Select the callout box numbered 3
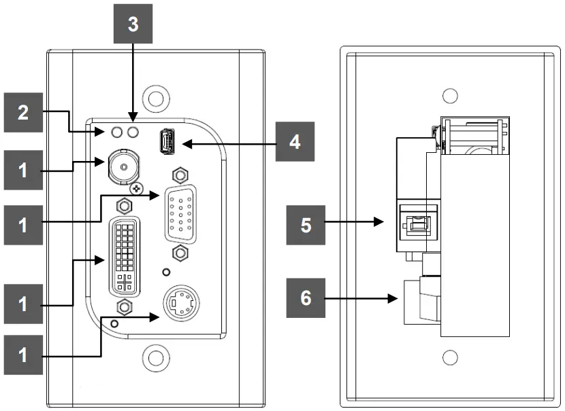point(133,24)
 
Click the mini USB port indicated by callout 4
point(167,143)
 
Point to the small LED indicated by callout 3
point(133,131)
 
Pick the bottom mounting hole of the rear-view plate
point(449,357)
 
